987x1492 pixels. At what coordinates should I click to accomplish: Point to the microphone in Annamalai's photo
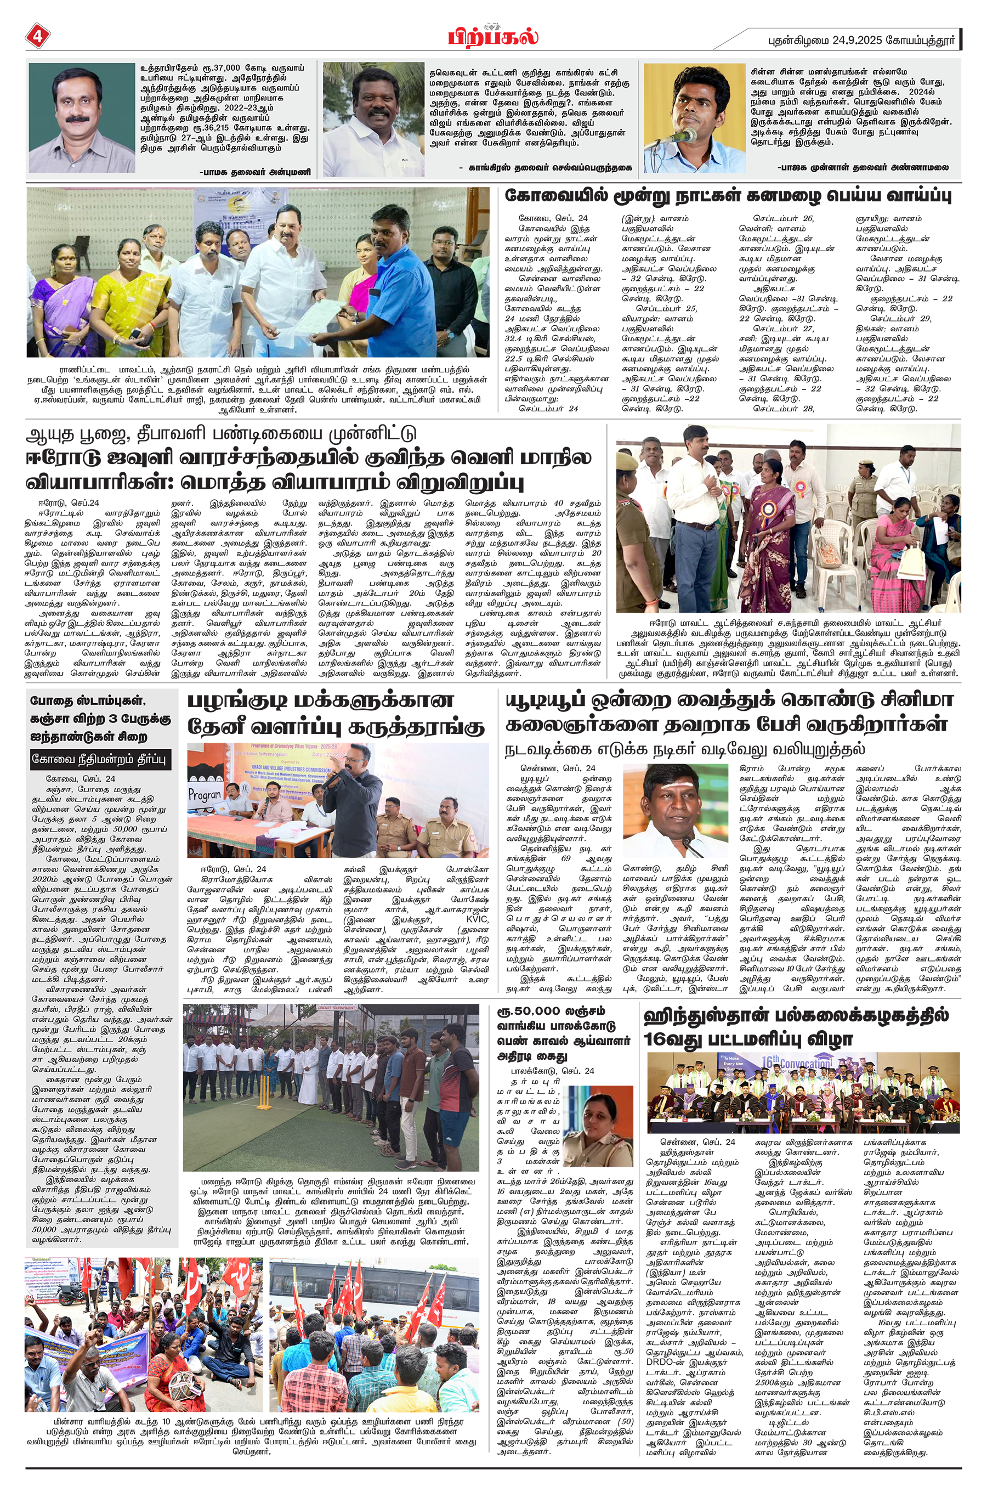click(x=685, y=135)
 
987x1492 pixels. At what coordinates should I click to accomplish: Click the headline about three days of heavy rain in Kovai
click(x=728, y=196)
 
